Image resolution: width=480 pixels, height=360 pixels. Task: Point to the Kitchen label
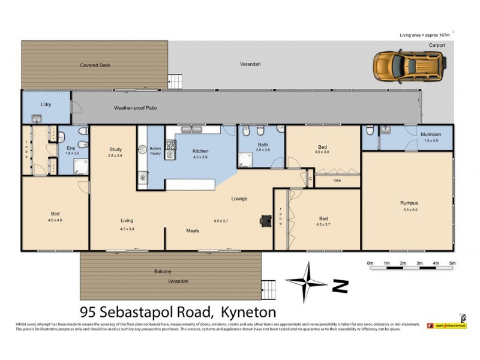tap(200, 151)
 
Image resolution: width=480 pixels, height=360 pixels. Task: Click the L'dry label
tap(46, 105)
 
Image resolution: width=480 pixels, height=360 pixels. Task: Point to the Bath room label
tap(263, 145)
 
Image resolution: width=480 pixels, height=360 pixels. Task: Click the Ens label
tap(70, 148)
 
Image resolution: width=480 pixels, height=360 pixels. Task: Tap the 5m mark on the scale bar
tap(452, 263)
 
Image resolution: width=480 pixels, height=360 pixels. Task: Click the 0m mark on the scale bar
tap(370, 263)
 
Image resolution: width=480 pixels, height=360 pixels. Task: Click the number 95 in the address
tap(90, 312)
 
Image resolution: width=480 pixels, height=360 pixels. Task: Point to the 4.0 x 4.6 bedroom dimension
tap(55, 220)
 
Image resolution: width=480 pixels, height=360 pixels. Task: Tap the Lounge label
tap(239, 199)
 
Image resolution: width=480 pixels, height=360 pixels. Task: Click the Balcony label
tap(163, 271)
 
